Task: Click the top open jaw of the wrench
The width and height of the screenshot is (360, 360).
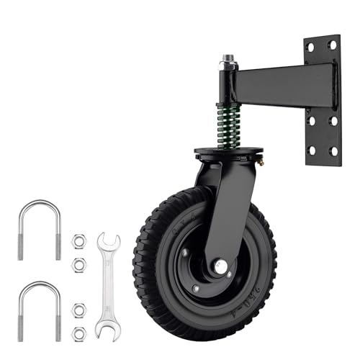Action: coord(107,241)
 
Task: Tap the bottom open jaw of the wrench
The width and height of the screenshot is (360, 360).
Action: coord(107,329)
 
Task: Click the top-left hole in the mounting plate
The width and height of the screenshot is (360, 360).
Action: coord(312,47)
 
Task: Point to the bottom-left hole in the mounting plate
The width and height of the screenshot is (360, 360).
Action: coord(312,150)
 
